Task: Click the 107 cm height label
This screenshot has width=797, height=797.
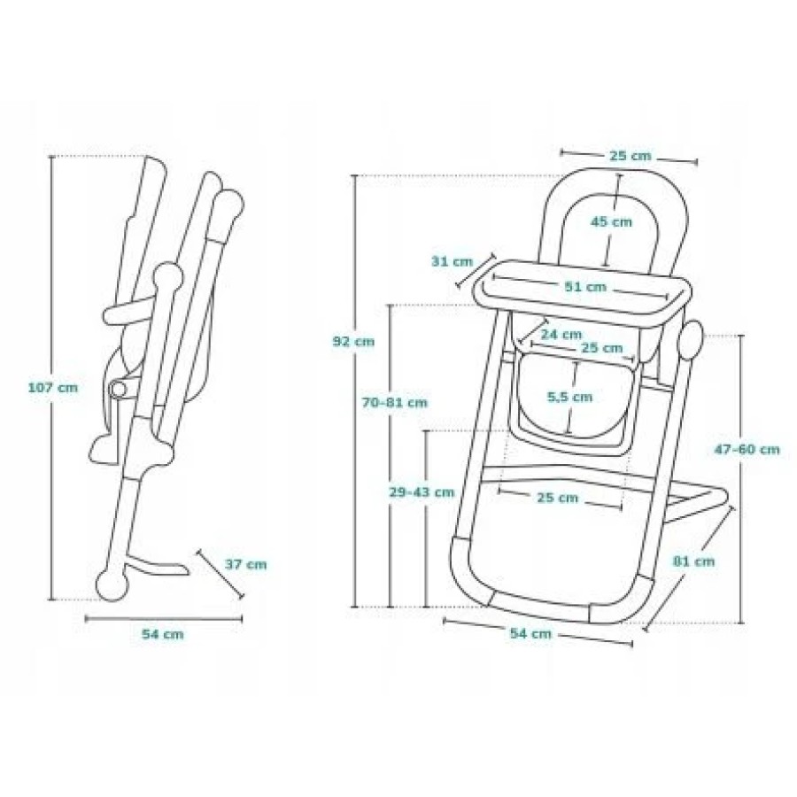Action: click(x=53, y=388)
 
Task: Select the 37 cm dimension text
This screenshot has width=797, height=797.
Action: click(x=245, y=565)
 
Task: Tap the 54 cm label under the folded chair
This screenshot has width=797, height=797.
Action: click(x=163, y=634)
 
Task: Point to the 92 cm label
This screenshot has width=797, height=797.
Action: click(x=353, y=342)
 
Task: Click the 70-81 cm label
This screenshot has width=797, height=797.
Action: click(x=395, y=403)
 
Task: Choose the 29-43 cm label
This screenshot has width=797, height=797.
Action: click(x=422, y=492)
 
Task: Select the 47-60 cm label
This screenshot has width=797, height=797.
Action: click(x=747, y=449)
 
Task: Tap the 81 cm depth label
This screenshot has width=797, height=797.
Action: click(x=693, y=561)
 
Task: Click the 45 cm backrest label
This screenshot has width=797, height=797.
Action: click(x=611, y=222)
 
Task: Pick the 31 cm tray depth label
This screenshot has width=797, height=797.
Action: click(x=452, y=262)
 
